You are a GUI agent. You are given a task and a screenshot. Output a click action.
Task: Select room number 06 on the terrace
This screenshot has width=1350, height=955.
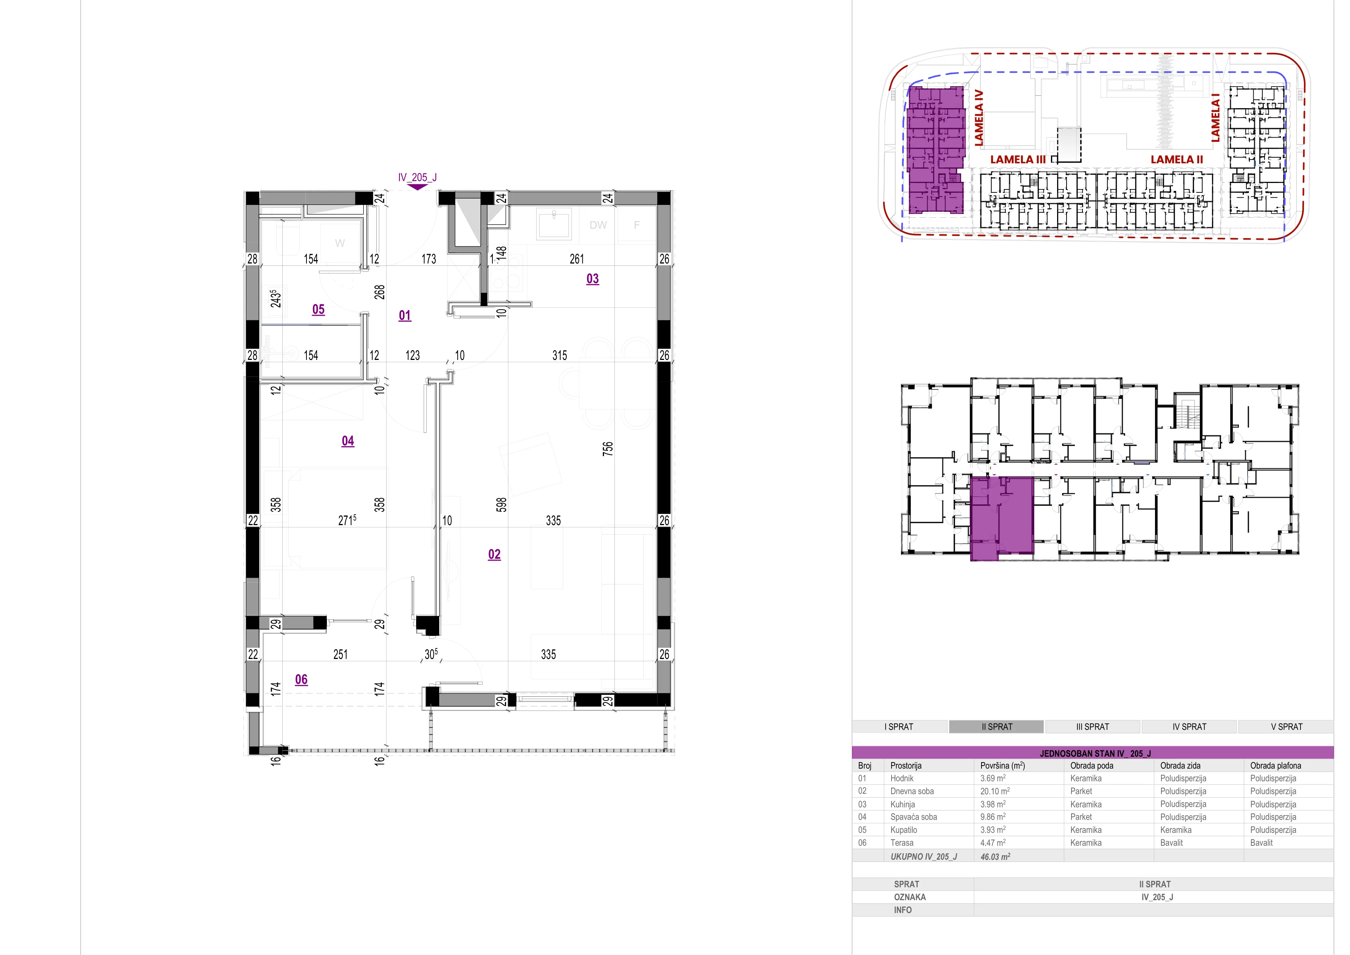click(301, 679)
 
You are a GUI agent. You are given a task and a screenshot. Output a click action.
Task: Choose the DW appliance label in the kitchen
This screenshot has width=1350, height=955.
click(598, 225)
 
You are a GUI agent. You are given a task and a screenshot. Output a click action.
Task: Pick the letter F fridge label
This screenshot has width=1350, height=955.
click(637, 225)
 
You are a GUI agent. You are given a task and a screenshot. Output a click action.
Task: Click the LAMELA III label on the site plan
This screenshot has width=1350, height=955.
click(1018, 160)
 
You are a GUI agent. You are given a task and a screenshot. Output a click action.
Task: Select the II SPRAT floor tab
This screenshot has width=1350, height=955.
click(997, 727)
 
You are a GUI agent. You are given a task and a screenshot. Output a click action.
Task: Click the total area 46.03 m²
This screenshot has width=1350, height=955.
click(995, 857)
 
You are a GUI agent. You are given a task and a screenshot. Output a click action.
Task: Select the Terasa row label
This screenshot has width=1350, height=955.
click(902, 843)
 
